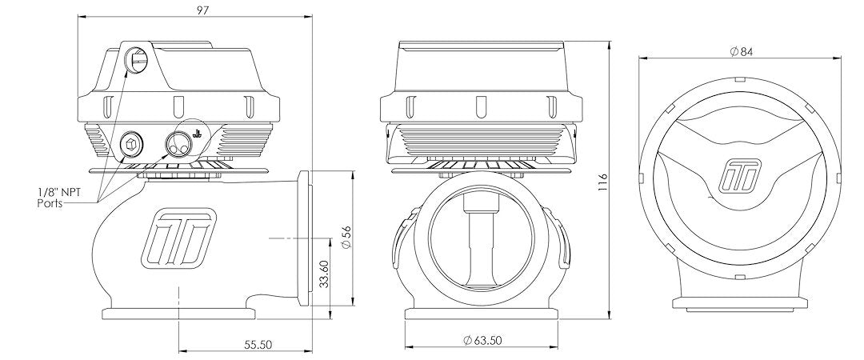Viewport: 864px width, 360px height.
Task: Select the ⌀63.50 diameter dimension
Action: [x=482, y=341]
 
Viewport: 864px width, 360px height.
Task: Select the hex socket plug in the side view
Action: [x=131, y=144]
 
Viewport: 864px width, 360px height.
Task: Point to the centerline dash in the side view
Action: [x=280, y=238]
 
